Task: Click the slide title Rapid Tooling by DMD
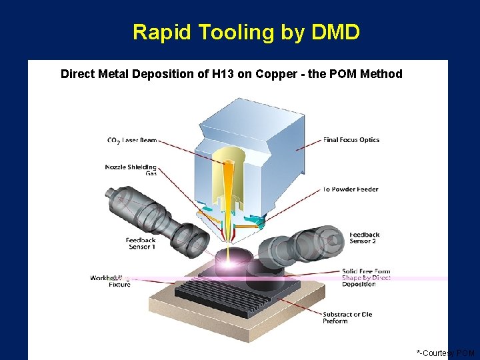coord(246,32)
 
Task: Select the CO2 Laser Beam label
coord(132,140)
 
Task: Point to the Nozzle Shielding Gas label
coord(131,170)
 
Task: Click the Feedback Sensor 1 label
coord(141,243)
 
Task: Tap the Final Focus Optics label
coord(351,140)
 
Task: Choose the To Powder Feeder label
coord(350,189)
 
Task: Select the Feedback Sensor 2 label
coord(365,238)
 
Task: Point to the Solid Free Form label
coord(365,271)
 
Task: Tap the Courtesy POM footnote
coord(445,353)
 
